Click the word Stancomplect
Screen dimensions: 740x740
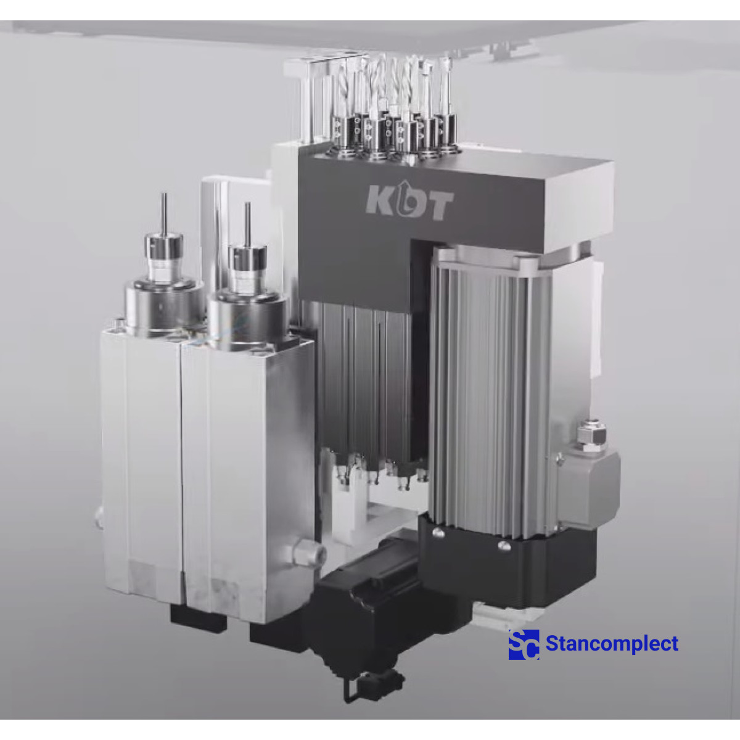coord(612,644)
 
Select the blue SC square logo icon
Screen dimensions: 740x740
coord(524,644)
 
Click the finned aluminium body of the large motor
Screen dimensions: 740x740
coord(487,382)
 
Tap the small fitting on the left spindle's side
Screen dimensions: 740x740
coord(99,517)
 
